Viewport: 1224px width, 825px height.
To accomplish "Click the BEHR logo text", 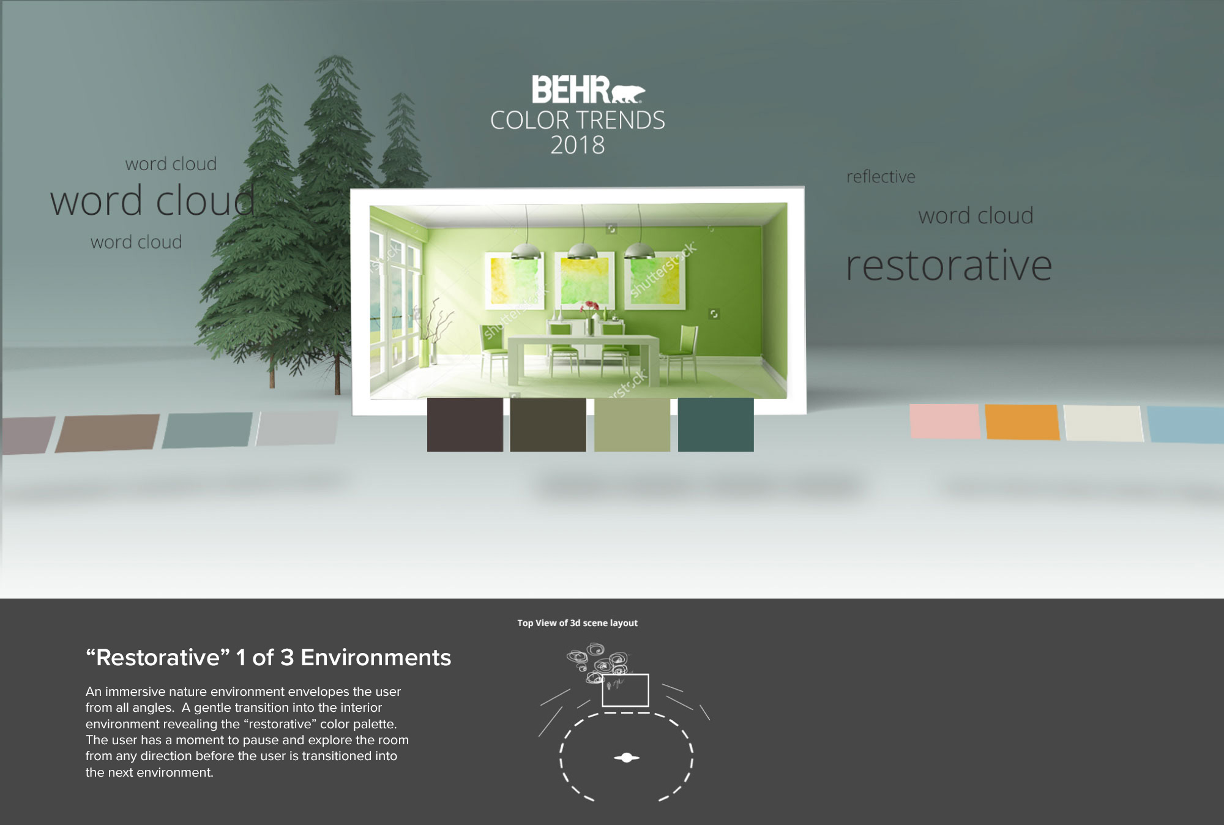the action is tap(570, 89).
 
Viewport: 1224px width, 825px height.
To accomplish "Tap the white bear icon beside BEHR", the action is tap(628, 94).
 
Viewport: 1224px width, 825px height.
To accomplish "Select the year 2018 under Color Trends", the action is tap(577, 145).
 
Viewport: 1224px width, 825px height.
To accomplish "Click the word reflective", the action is tap(881, 177).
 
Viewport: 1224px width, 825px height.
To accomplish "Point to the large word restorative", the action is tap(949, 266).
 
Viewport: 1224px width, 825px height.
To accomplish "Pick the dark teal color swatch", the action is tap(715, 425).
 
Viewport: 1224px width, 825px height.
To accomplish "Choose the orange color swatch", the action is tap(1022, 422).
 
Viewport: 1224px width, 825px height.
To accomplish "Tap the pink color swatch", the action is tap(945, 420).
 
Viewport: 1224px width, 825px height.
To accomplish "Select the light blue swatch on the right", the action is tap(1186, 424).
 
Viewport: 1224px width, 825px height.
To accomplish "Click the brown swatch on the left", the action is tap(108, 433).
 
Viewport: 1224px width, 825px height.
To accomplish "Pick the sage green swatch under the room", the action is tap(632, 425).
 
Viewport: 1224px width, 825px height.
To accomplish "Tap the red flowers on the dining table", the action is tap(590, 306).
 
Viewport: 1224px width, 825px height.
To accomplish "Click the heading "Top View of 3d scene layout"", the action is tap(577, 623).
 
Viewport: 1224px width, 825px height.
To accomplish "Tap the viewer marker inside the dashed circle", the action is tap(627, 758).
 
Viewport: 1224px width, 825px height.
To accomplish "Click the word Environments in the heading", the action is tap(376, 657).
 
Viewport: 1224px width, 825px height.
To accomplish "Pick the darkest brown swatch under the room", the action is tap(465, 425).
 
